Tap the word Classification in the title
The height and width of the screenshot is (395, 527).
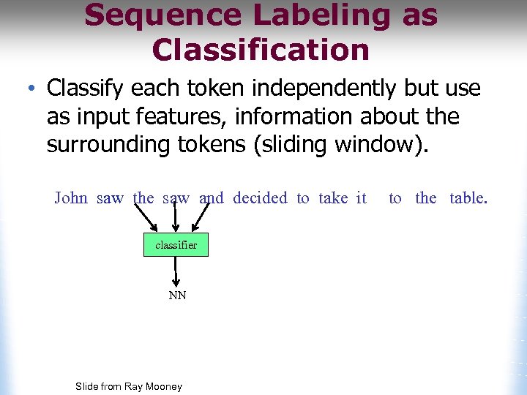coord(261,50)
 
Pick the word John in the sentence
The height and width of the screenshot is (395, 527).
coord(71,198)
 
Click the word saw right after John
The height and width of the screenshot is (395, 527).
coord(111,198)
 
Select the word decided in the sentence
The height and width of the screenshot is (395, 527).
coord(260,198)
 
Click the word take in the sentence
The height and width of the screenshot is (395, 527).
coord(333,198)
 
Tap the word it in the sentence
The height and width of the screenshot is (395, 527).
coord(361,198)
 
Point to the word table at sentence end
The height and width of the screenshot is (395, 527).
coord(468,198)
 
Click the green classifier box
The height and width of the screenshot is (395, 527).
coord(176,245)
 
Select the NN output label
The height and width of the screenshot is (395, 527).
coord(177,296)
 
